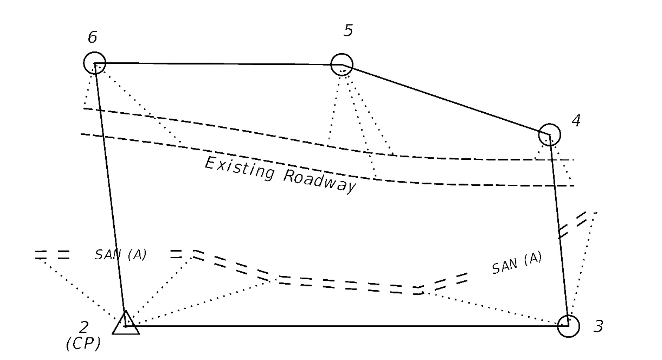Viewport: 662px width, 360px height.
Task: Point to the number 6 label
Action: point(92,37)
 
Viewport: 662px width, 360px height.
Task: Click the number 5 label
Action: point(348,30)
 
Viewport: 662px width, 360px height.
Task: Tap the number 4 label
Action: point(576,121)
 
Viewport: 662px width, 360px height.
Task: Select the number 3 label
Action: point(599,326)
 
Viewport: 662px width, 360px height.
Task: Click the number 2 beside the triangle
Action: point(84,327)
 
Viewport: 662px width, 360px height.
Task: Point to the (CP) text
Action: point(83,344)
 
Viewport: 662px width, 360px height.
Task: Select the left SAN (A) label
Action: point(120,255)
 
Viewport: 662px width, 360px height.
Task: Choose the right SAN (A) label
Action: point(517,263)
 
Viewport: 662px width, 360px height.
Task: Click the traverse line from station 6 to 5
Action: point(218,63)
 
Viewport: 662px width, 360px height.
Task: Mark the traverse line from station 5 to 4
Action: point(446,99)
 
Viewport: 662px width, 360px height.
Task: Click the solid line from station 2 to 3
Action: point(347,326)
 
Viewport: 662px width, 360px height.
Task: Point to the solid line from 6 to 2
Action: point(110,195)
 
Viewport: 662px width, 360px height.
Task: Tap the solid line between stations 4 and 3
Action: point(559,230)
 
